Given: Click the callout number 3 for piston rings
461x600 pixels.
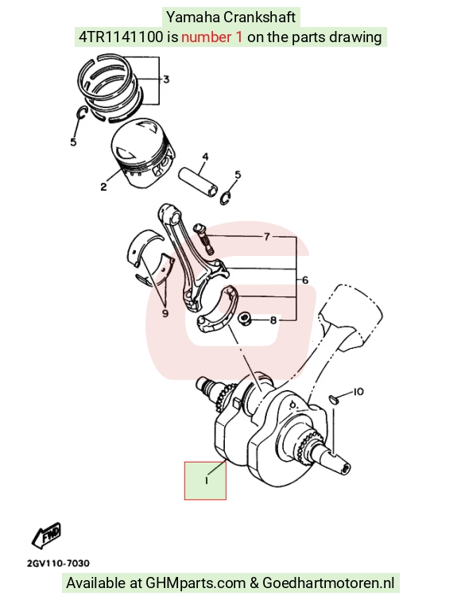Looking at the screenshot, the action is (166, 79).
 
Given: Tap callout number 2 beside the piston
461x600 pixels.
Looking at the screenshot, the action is (103, 187).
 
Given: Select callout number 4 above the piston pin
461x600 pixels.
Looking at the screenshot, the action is (205, 157).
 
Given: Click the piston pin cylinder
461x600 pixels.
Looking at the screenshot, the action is (198, 181).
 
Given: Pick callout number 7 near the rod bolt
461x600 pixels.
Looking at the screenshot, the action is (266, 237).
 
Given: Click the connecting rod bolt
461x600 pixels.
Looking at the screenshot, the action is (203, 238).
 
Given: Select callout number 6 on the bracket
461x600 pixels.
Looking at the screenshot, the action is (305, 280).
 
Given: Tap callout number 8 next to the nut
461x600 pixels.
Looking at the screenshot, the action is (273, 320).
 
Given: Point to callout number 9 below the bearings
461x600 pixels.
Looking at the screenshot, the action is (165, 313).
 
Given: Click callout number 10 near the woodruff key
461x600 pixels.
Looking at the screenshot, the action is (358, 392).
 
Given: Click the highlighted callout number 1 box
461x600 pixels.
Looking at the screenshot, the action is (205, 481).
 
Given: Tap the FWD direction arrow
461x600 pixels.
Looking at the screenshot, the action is (46, 534).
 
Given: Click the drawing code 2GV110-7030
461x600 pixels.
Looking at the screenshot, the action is (59, 563).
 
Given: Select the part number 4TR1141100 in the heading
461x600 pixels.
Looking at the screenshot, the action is (121, 37).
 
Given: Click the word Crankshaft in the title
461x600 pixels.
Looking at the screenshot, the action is (259, 17).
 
